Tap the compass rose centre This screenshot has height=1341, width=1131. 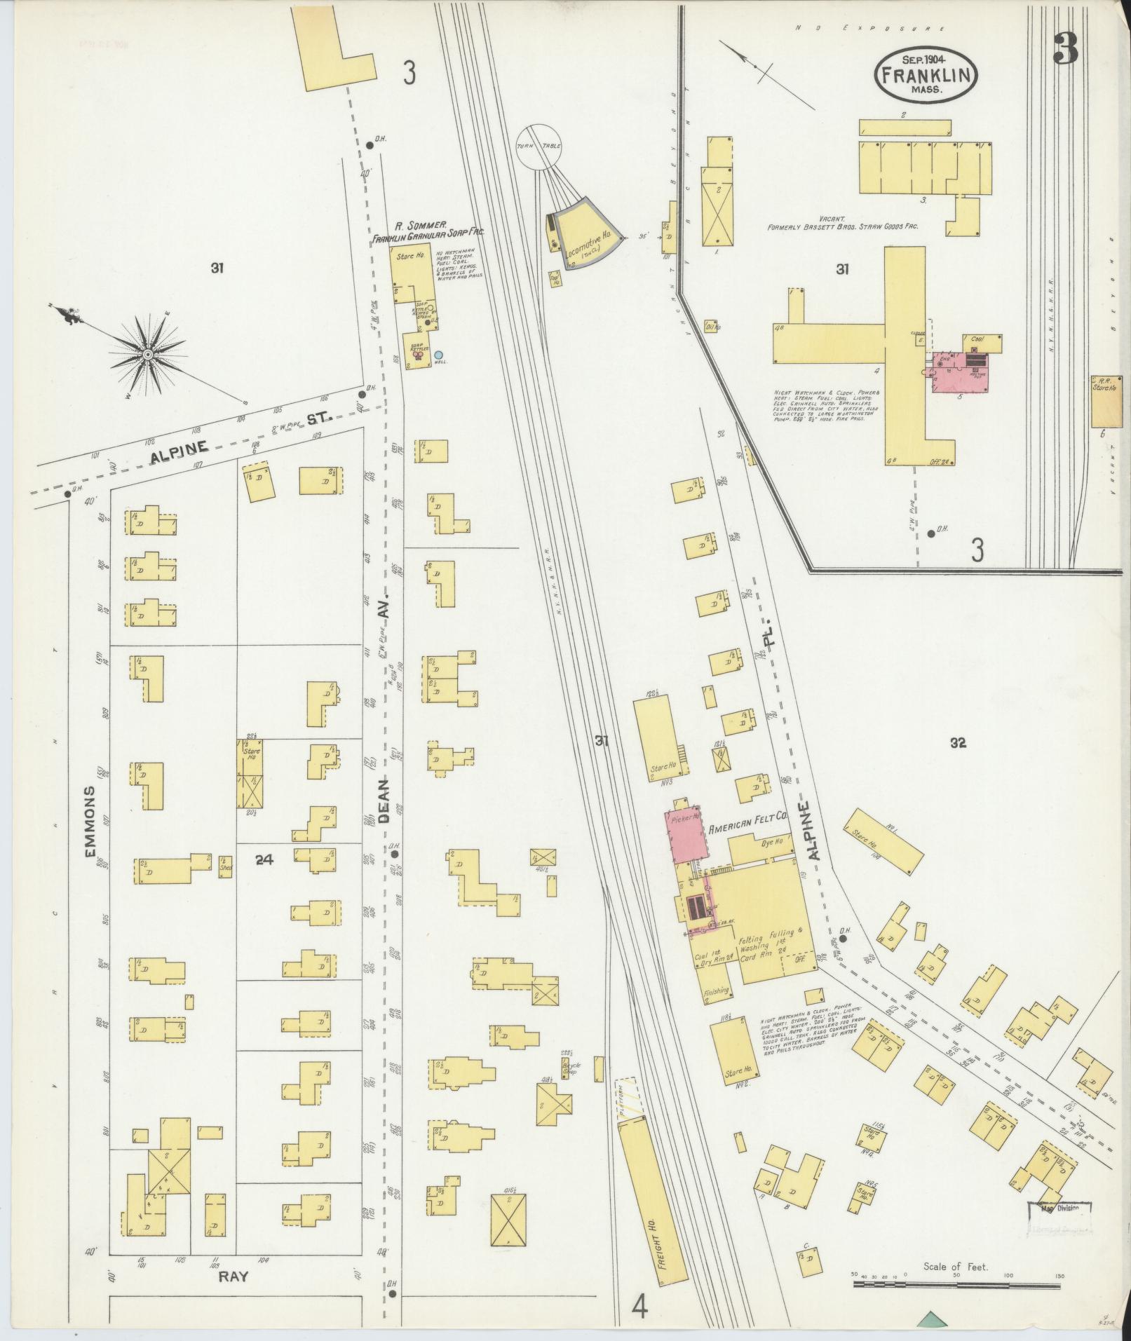pos(148,355)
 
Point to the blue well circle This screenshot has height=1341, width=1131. pos(439,355)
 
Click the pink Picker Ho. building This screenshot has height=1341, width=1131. pos(684,838)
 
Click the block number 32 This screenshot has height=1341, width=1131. pos(958,744)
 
